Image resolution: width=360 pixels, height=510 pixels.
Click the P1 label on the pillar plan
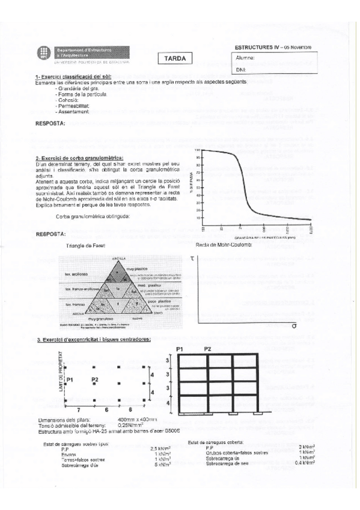pyautogui.click(x=70, y=380)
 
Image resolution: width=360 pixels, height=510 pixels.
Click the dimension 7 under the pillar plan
pyautogui.click(x=78, y=409)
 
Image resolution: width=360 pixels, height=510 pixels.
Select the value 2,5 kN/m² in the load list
pyautogui.click(x=158, y=449)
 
